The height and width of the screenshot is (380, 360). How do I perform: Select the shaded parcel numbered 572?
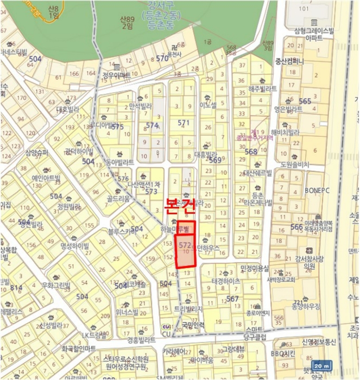click(186, 251)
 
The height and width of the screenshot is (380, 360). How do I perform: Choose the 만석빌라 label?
click(140, 106)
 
